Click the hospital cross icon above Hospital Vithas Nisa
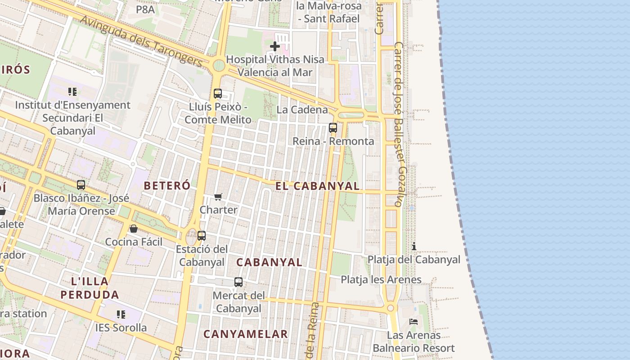[x=274, y=46]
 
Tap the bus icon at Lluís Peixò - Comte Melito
[x=218, y=94]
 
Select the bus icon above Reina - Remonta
[x=333, y=128]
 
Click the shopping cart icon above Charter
[x=218, y=197]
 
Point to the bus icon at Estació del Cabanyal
[x=202, y=236]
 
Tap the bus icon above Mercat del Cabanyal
[x=238, y=282]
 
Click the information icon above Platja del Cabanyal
[x=414, y=246]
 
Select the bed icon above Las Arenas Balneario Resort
[x=414, y=322]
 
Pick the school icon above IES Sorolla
[x=121, y=314]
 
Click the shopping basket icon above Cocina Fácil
[x=134, y=229]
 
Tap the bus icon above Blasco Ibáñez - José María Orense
[x=81, y=185]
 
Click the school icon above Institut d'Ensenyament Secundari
[x=72, y=92]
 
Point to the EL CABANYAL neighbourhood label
[x=318, y=186]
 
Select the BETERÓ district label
[x=167, y=185]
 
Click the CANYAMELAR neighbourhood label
[x=246, y=334]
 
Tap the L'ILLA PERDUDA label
[x=90, y=288]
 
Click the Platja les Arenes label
[x=381, y=279]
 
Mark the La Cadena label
[x=302, y=110]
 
